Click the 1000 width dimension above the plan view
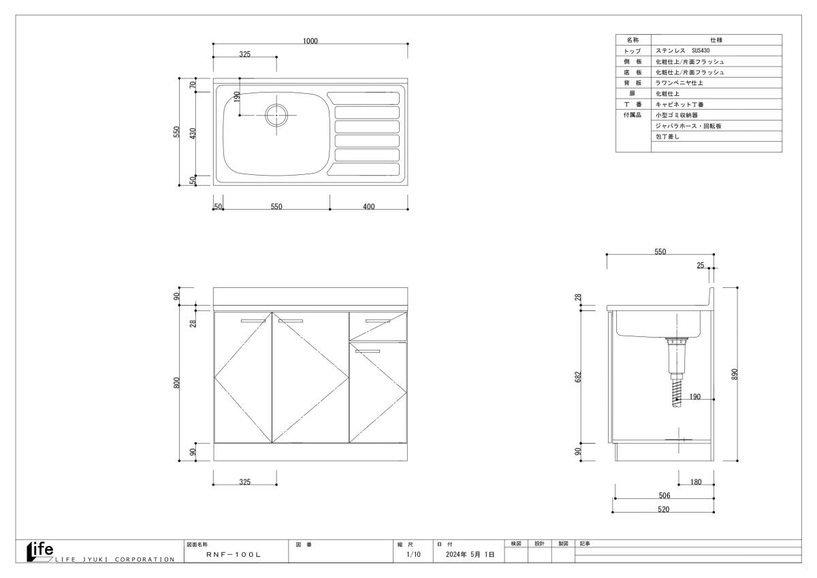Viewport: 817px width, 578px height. [310, 41]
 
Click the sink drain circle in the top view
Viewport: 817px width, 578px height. [276, 115]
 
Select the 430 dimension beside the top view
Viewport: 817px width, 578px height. [193, 133]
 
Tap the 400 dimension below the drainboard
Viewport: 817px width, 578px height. [369, 206]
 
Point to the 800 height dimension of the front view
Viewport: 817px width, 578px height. [176, 383]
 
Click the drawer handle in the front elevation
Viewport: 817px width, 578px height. [377, 321]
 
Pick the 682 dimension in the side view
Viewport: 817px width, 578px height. [578, 376]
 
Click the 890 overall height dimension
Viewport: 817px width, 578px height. [735, 374]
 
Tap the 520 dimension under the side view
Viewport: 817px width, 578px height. [663, 509]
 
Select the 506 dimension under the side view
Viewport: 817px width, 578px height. [664, 495]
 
